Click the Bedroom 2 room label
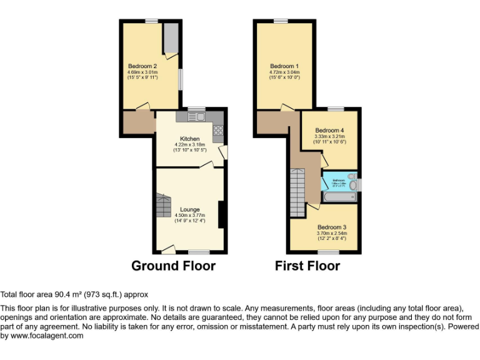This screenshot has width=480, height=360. (x=142, y=66)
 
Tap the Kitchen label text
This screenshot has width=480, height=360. (x=190, y=139)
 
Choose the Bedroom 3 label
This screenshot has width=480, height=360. (x=331, y=227)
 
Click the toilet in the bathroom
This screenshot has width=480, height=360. (x=352, y=184)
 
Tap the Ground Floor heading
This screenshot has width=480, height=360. (x=173, y=266)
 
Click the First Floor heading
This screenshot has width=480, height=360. (x=307, y=266)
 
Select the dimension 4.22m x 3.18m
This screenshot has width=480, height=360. (x=190, y=145)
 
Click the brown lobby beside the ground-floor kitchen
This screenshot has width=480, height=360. (x=139, y=121)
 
